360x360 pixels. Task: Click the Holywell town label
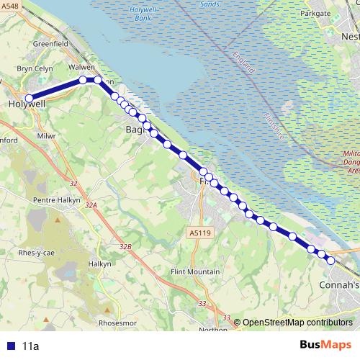point(27,104)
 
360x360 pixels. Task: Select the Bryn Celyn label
point(35,68)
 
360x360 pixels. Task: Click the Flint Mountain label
point(194,271)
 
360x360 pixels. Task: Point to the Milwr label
point(46,135)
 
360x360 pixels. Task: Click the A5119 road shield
point(202,233)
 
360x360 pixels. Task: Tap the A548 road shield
point(9,6)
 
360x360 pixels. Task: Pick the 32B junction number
point(126,247)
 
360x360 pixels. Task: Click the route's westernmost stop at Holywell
point(30,99)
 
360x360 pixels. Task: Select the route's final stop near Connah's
point(330,261)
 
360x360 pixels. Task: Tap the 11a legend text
point(30,346)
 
